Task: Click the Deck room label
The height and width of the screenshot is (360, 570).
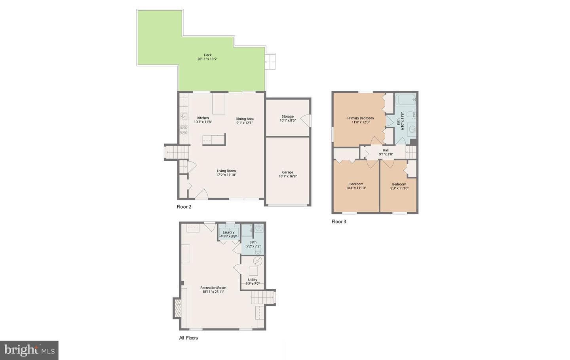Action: [208, 55]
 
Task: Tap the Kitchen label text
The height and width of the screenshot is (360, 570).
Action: [203, 118]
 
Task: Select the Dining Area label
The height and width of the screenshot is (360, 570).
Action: [245, 119]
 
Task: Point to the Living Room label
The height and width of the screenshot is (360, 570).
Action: [226, 171]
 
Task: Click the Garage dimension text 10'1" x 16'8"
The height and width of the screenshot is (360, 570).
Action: [288, 176]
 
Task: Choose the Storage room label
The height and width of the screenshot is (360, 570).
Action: [288, 116]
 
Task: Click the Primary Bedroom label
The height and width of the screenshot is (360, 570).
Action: [361, 118]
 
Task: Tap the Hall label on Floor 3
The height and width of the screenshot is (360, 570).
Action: [386, 150]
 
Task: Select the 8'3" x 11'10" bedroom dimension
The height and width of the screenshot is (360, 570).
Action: [399, 189]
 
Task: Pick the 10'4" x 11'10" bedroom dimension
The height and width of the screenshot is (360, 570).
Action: [356, 188]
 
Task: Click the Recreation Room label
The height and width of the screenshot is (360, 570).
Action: [213, 288]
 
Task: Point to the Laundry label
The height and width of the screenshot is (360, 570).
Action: [228, 232]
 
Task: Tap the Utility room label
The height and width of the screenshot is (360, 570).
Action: [253, 280]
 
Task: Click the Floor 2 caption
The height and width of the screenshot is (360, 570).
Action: [184, 207]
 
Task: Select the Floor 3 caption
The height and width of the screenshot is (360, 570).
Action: [339, 221]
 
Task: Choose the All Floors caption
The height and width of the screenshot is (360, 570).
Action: [188, 338]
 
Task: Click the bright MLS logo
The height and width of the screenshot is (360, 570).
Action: [29, 350]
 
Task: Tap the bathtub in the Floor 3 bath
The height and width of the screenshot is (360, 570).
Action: [406, 99]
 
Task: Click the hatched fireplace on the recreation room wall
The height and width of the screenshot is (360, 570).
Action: [177, 308]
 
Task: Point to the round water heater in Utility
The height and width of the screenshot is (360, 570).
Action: [258, 261]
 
